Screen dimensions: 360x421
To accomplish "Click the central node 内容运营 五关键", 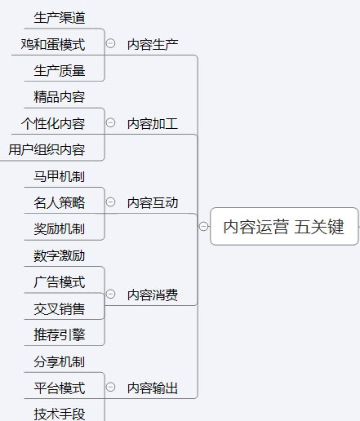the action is click(x=284, y=226).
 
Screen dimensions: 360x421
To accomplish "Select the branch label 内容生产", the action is click(x=153, y=44).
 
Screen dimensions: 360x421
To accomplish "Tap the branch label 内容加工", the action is click(x=153, y=124).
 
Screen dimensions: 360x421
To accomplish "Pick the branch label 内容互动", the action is click(x=153, y=203).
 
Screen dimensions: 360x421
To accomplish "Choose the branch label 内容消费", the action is click(x=153, y=295).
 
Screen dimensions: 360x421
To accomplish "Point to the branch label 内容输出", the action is click(x=153, y=388).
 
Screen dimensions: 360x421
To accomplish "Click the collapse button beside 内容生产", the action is click(x=110, y=43).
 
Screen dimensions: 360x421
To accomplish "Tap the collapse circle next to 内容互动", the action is click(x=110, y=202).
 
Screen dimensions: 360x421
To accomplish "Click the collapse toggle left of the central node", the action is click(x=203, y=226).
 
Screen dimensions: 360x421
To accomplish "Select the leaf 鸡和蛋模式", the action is click(x=53, y=44).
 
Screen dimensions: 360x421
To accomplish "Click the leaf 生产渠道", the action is click(x=60, y=18).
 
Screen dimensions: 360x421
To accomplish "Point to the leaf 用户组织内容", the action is click(x=47, y=150).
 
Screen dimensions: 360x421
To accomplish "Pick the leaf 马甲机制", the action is click(x=60, y=176).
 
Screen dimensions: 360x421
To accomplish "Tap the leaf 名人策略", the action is click(x=60, y=202).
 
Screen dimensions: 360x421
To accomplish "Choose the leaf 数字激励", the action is click(x=60, y=255).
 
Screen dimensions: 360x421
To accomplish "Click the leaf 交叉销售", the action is click(x=60, y=308).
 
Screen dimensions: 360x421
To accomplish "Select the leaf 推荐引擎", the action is click(x=60, y=335).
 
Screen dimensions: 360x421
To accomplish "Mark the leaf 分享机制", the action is click(x=60, y=361).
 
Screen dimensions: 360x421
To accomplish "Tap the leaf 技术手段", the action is click(x=60, y=414).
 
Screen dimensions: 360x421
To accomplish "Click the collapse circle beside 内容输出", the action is click(x=110, y=387).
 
